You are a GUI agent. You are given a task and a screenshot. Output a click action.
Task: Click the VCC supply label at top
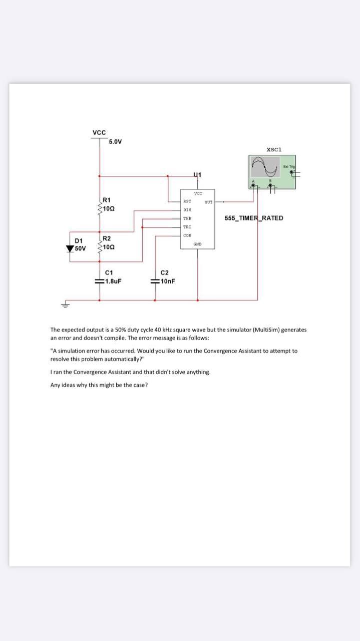tap(99, 132)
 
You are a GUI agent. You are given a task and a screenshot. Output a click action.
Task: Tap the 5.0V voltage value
tap(115, 142)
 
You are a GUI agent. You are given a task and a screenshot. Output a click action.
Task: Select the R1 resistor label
tap(107, 200)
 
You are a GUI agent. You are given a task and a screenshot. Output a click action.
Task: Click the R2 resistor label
tap(107, 238)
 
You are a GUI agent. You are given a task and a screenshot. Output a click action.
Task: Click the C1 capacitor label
tap(109, 272)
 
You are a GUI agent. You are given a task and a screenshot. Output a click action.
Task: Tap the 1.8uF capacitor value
tap(113, 281)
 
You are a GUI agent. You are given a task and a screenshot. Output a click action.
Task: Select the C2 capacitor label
tap(164, 272)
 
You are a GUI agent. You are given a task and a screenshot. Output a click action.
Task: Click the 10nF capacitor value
tap(167, 281)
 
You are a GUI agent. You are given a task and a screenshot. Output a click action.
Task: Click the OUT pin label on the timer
tap(208, 202)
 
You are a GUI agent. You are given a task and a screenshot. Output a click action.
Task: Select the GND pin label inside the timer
tap(197, 243)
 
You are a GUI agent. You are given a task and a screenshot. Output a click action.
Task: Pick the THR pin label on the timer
tap(187, 218)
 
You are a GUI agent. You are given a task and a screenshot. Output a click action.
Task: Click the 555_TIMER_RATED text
tap(254, 218)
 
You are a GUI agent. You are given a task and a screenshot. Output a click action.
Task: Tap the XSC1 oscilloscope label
tap(274, 149)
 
